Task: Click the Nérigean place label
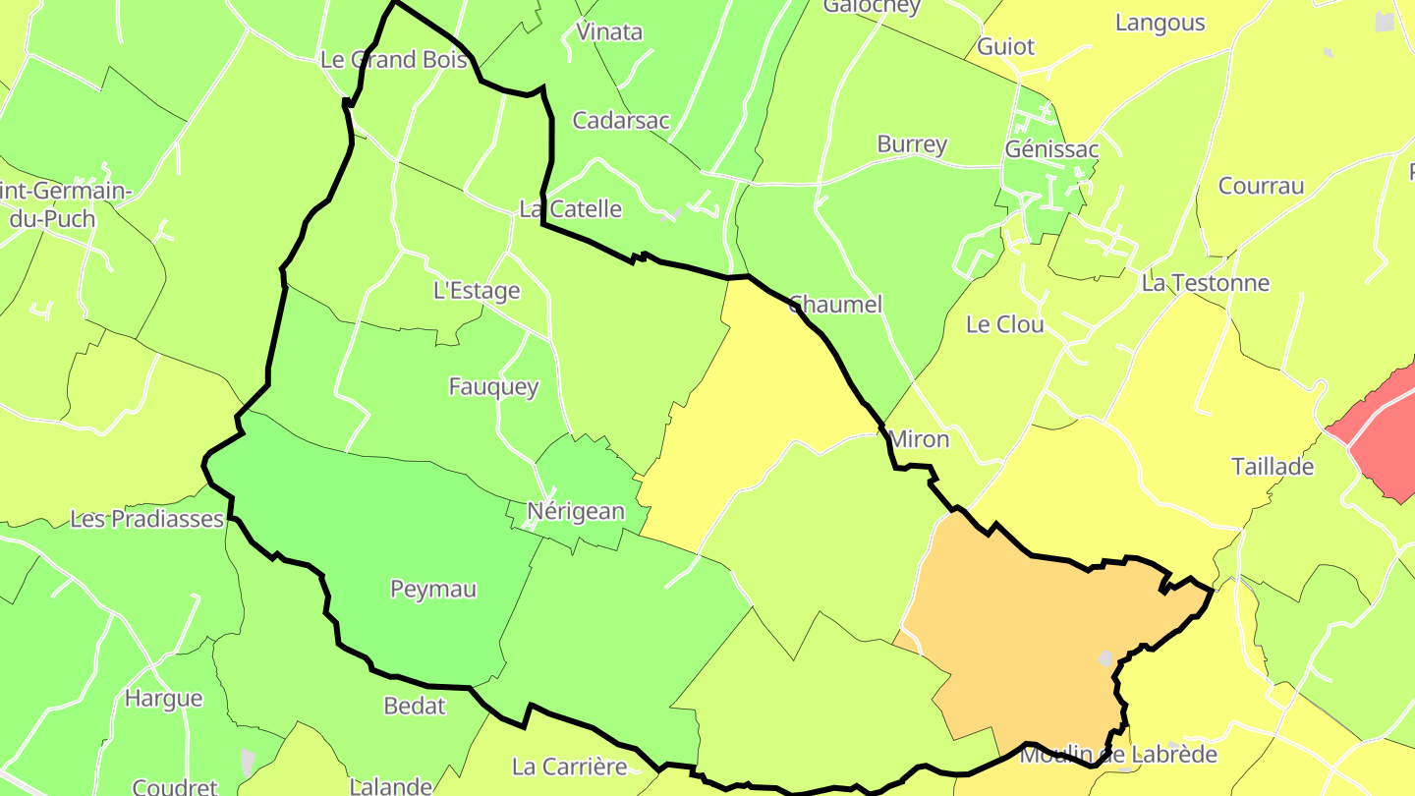click(x=576, y=511)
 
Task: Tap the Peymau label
click(x=433, y=589)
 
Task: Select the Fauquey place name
click(x=493, y=386)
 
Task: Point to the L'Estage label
click(x=477, y=291)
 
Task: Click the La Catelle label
click(x=570, y=208)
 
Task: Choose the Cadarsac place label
click(x=621, y=121)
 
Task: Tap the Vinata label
click(x=609, y=31)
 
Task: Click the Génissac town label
click(x=1051, y=149)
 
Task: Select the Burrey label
click(x=912, y=144)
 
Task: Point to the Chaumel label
click(x=835, y=304)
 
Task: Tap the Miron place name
click(x=919, y=439)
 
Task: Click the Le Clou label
click(x=1005, y=324)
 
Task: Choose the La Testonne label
click(x=1205, y=283)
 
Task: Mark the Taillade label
click(x=1273, y=467)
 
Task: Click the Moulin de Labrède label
click(x=1118, y=755)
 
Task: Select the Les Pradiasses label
click(x=147, y=519)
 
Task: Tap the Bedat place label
click(x=415, y=706)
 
